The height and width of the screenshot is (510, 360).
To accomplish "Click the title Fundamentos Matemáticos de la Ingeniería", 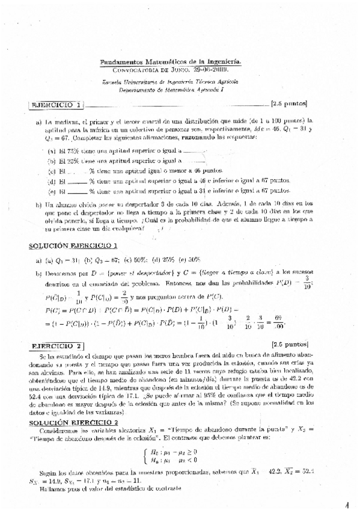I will click(170, 62).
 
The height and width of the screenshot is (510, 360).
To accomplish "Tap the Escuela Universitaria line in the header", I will click(170, 81).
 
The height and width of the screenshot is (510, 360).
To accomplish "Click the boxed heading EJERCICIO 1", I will click(56, 104).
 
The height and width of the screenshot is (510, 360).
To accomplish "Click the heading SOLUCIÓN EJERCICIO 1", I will click(73, 246).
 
